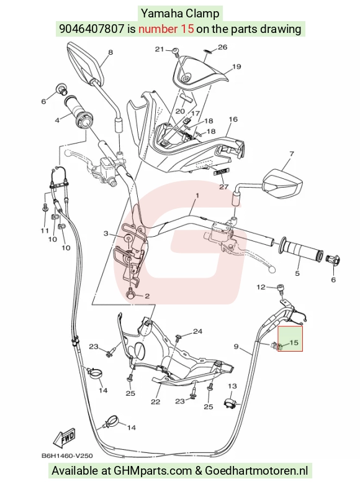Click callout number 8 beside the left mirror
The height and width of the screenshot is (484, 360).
pos(110,52)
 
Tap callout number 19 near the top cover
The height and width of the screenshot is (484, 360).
pos(236,66)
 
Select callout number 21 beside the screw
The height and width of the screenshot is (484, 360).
pos(159,49)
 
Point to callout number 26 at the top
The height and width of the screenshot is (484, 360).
pos(222,47)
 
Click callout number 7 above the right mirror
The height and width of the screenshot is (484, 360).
pos(292,153)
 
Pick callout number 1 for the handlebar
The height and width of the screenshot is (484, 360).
pos(197,195)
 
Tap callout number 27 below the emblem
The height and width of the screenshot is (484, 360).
pos(223,187)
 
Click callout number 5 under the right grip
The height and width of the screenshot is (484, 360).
pos(297,273)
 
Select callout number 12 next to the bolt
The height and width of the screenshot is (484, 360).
pos(261,287)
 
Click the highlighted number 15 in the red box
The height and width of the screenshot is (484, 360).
pos(294,342)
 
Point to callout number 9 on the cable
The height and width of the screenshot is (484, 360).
pos(236,347)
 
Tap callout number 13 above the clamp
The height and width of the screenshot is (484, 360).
pos(232,386)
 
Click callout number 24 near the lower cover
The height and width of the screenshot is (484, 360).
pos(197,331)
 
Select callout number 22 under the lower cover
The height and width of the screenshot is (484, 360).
pos(155,401)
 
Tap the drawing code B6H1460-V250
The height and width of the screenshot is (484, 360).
pos(67,455)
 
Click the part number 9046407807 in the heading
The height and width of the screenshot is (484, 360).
pos(92,29)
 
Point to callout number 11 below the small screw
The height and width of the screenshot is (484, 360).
pos(45,231)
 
